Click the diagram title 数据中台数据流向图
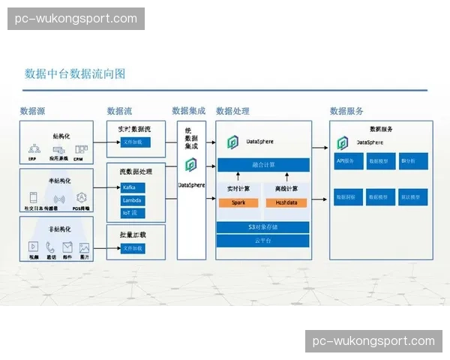(x=75, y=73)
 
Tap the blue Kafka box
(x=133, y=187)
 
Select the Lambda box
(x=133, y=200)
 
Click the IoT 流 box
(x=133, y=213)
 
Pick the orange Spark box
(x=238, y=202)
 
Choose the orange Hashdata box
(x=286, y=202)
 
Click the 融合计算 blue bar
(x=262, y=164)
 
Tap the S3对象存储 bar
(x=262, y=227)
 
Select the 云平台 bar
(x=262, y=241)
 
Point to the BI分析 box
(x=413, y=160)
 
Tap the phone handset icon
(x=50, y=246)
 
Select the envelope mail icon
(x=67, y=246)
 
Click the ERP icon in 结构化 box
(x=33, y=149)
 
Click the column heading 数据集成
(x=188, y=111)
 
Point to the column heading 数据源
(x=33, y=111)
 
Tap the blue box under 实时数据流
(x=136, y=142)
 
